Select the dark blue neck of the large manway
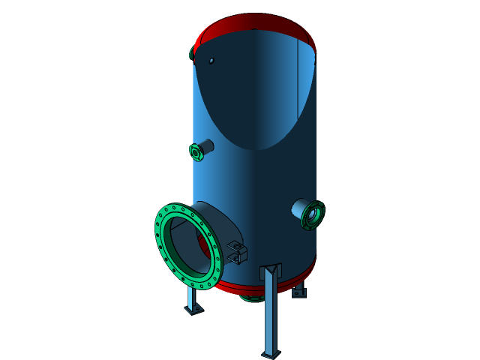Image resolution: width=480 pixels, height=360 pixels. (x=220, y=225)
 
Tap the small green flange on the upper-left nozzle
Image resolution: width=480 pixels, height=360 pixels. (x=196, y=153)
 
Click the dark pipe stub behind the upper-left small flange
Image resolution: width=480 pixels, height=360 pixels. (x=207, y=145)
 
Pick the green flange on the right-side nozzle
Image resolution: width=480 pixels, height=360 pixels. (x=313, y=215)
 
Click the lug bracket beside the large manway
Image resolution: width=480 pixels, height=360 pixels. (x=237, y=252)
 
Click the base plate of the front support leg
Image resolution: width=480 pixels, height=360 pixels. (x=270, y=354)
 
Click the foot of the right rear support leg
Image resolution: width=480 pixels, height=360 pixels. (x=298, y=292)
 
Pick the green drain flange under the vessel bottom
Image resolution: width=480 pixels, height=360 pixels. (x=252, y=298)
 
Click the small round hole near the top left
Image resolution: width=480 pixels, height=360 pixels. (x=211, y=61)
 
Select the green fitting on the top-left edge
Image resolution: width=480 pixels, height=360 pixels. (x=192, y=55)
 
